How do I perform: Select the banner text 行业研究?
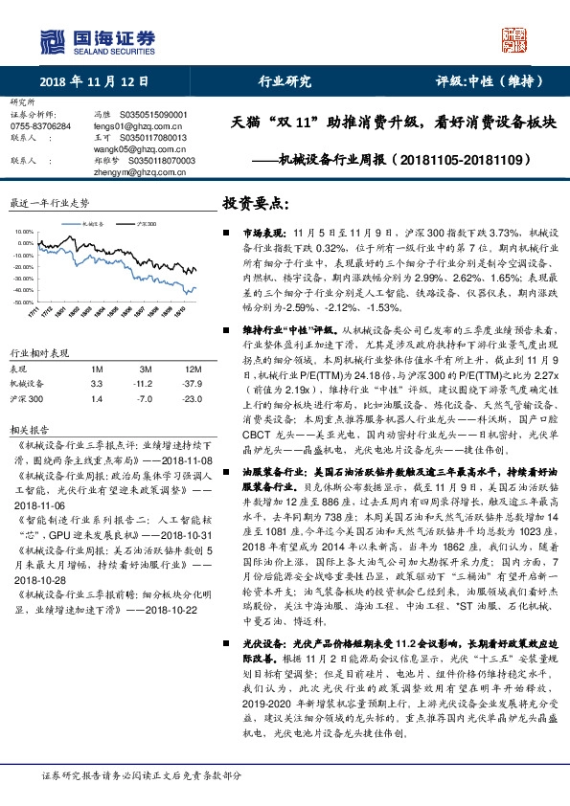[x=285, y=81]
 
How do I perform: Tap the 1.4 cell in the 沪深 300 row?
[x=96, y=397]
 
